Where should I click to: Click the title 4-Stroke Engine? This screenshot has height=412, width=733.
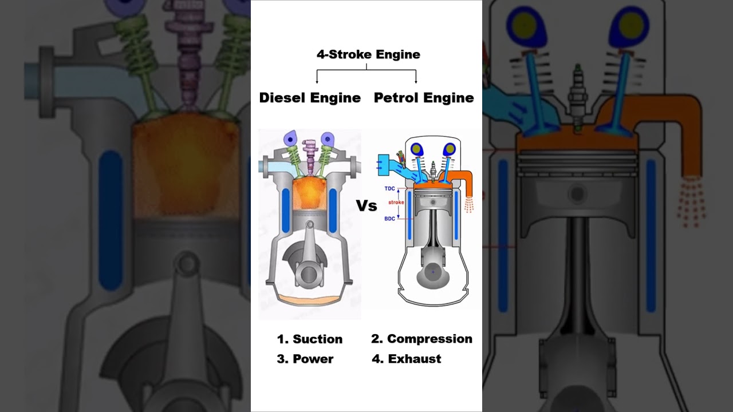[368, 55]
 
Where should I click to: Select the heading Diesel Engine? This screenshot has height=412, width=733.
[310, 98]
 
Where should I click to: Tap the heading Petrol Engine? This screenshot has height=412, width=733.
[424, 98]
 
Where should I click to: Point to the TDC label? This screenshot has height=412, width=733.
[389, 188]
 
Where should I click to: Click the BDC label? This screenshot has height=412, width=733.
[389, 219]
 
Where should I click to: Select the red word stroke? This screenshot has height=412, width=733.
[396, 203]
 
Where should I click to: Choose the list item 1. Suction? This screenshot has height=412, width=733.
[310, 339]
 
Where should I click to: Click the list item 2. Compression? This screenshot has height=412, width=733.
[421, 339]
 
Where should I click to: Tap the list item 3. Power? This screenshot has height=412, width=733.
[305, 359]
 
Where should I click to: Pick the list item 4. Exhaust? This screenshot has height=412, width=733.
[407, 359]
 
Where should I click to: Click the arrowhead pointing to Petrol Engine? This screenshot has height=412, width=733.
[416, 81]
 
